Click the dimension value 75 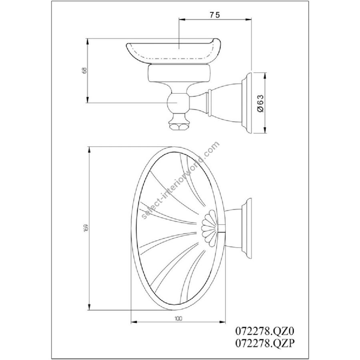214,15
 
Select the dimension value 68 85,70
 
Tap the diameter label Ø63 261,103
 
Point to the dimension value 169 86,228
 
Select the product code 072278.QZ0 265,331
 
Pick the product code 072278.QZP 265,343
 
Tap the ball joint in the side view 178,103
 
